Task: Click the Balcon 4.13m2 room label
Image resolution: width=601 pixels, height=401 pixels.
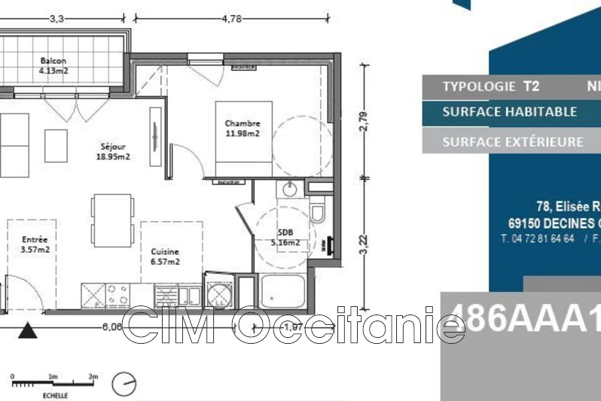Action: pos(53,67)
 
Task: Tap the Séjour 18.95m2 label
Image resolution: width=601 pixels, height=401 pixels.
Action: pos(113,152)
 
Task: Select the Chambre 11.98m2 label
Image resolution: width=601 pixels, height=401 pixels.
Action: pos(243,129)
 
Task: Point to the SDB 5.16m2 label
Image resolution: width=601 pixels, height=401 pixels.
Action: pos(285,238)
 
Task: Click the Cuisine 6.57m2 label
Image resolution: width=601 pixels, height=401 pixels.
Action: pos(164,257)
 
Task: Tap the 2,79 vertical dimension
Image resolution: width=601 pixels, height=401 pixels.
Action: pos(364,122)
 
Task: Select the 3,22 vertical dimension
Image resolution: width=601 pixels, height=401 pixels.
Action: pos(364,247)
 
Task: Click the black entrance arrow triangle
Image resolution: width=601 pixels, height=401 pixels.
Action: pos(29,330)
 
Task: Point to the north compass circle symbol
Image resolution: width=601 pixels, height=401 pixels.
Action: pos(124,384)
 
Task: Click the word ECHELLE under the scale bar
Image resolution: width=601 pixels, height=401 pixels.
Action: pos(55,395)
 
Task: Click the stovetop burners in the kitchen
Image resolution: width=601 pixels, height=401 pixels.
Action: pos(117,293)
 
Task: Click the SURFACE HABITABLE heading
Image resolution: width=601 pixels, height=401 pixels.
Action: pos(509,112)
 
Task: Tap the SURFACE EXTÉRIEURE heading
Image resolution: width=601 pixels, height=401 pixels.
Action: pos(512,141)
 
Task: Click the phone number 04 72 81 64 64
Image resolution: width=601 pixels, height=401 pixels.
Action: pos(538,238)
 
